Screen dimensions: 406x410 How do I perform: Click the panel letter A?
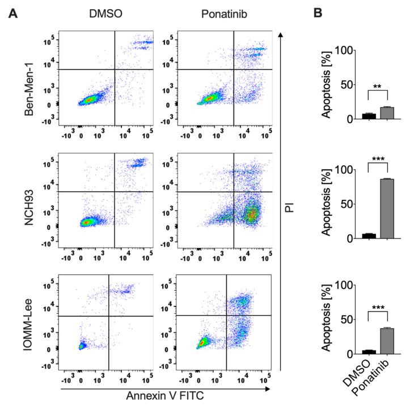click(x=12, y=12)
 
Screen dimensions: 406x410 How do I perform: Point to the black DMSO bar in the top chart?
click(x=369, y=116)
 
